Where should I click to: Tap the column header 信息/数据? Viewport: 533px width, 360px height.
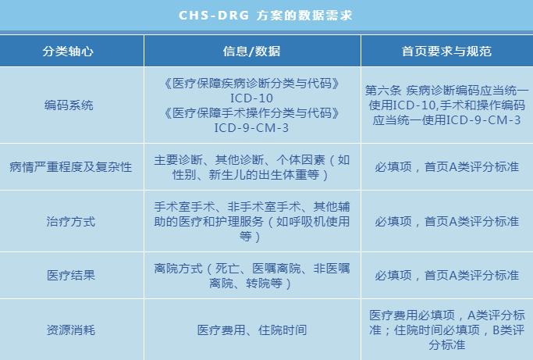point(251,52)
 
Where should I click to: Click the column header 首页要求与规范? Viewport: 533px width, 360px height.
point(446,52)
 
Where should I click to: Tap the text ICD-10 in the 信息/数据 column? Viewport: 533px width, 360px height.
point(251,98)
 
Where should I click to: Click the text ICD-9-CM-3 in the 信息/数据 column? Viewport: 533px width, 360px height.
point(251,127)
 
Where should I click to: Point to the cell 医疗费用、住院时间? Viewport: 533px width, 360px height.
point(251,330)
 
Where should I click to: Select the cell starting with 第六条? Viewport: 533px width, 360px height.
point(446,105)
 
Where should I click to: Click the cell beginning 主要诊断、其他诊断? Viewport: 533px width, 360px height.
point(251,167)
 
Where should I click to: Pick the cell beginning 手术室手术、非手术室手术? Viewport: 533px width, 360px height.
point(251,222)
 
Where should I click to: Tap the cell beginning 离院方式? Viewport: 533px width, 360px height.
point(251,275)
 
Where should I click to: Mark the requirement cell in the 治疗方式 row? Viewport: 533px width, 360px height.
point(446,222)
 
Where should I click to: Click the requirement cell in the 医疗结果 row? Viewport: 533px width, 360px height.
point(446,275)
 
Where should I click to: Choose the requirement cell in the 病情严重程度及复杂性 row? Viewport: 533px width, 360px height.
point(446,167)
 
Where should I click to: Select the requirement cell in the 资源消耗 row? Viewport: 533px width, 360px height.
point(446,330)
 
